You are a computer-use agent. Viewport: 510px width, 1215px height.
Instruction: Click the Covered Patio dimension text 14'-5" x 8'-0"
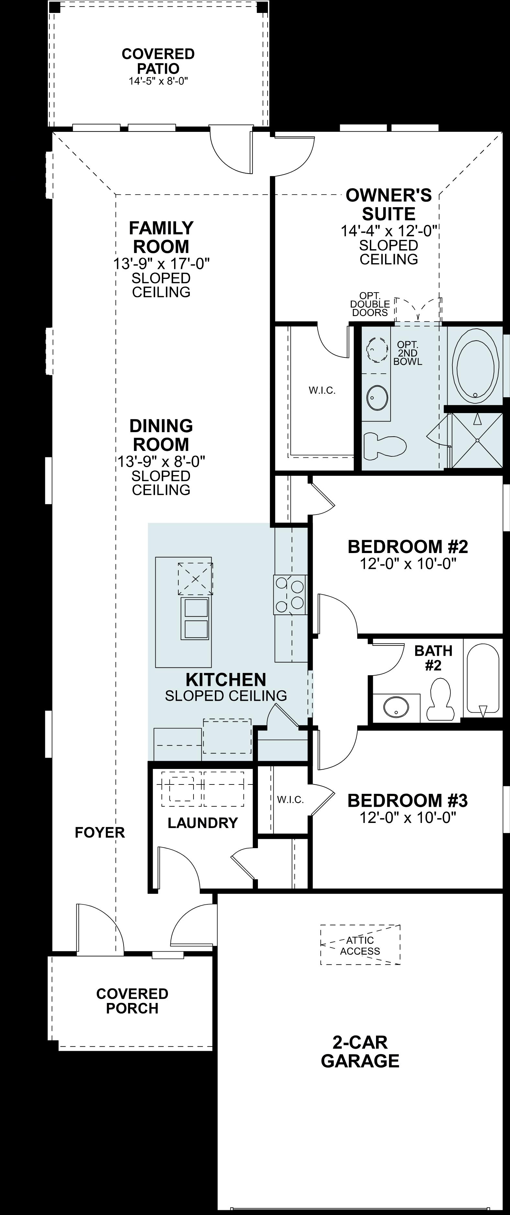pyautogui.click(x=158, y=81)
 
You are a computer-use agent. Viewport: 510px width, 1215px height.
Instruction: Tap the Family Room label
pyautogui.click(x=161, y=237)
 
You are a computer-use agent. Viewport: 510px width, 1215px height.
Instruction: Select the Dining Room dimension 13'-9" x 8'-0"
pyautogui.click(x=161, y=461)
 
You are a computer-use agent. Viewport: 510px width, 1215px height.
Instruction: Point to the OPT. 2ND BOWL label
pyautogui.click(x=407, y=353)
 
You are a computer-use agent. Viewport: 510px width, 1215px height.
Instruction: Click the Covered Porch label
pyautogui.click(x=132, y=1001)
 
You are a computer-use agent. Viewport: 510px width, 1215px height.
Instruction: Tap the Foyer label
pyautogui.click(x=100, y=833)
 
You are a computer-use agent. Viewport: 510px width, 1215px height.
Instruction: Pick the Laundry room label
pyautogui.click(x=203, y=823)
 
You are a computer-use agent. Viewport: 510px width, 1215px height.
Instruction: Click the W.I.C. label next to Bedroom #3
pyautogui.click(x=290, y=800)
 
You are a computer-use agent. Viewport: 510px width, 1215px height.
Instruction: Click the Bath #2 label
pyautogui.click(x=433, y=658)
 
